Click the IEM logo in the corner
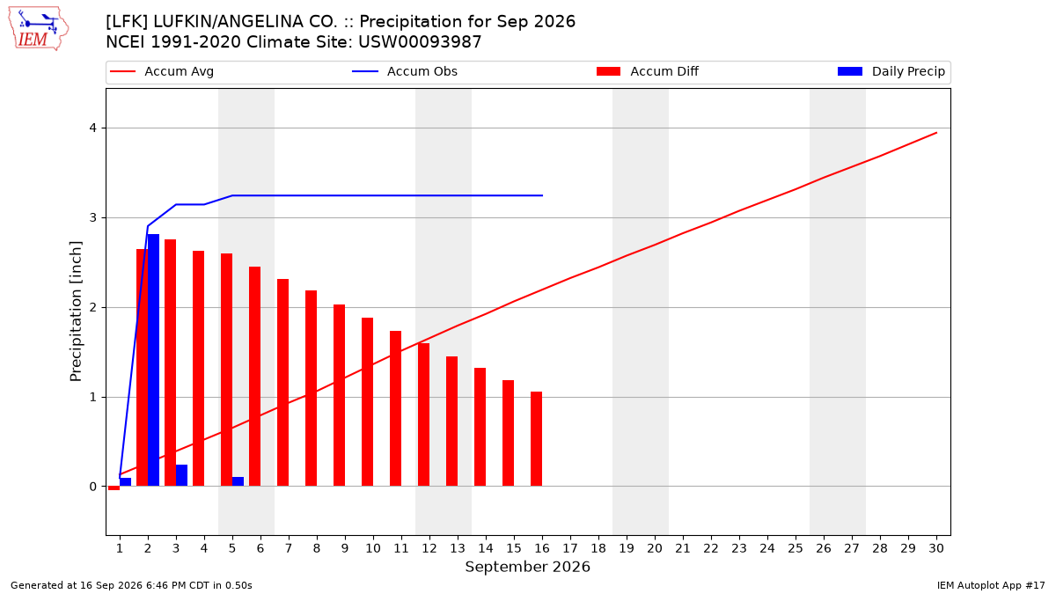pyautogui.click(x=39, y=29)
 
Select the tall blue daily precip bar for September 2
pyautogui.click(x=154, y=360)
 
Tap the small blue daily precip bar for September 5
pyautogui.click(x=238, y=481)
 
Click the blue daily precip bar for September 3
pyautogui.click(x=181, y=475)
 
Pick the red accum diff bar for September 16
pyautogui.click(x=537, y=438)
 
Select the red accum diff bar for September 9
pyautogui.click(x=339, y=395)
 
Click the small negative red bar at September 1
pyautogui.click(x=114, y=488)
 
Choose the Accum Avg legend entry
pyautogui.click(x=162, y=71)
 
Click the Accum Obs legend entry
pyautogui.click(x=405, y=71)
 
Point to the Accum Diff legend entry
pyautogui.click(x=648, y=71)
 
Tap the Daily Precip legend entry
pyautogui.click(x=891, y=71)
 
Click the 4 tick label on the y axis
pyautogui.click(x=93, y=128)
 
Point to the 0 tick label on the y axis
pyautogui.click(x=93, y=487)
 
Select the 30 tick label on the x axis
pyautogui.click(x=936, y=548)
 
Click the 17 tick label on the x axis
pyautogui.click(x=570, y=548)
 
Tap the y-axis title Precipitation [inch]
pyautogui.click(x=76, y=312)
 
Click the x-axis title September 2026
pyautogui.click(x=527, y=567)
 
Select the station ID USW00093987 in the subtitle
pyautogui.click(x=420, y=42)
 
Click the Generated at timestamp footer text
pyautogui.click(x=131, y=585)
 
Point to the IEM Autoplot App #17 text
pyautogui.click(x=991, y=585)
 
